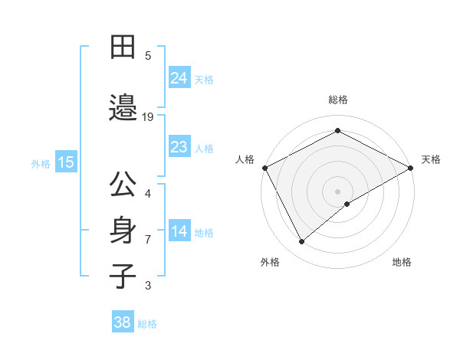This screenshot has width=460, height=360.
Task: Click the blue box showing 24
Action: (x=179, y=77)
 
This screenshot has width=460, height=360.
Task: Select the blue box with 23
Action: (x=179, y=147)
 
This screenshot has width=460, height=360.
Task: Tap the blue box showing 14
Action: (x=179, y=232)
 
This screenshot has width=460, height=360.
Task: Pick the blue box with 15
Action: (x=66, y=162)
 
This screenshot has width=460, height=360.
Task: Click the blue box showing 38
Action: (x=123, y=322)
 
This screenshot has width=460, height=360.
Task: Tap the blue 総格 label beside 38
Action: (x=147, y=324)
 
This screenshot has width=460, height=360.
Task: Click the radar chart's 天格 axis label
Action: (x=431, y=159)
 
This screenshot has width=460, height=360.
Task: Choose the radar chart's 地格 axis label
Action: (x=402, y=262)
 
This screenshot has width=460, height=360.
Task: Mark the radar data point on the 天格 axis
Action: (x=411, y=167)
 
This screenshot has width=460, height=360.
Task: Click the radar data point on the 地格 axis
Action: (x=347, y=204)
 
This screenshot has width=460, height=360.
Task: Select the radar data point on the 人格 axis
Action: (x=264, y=167)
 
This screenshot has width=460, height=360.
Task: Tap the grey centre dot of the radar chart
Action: (x=337, y=191)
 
